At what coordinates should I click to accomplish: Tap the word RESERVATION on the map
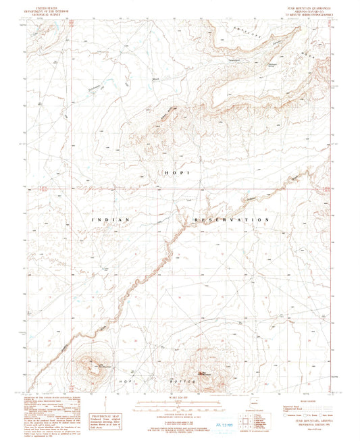[232, 220]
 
